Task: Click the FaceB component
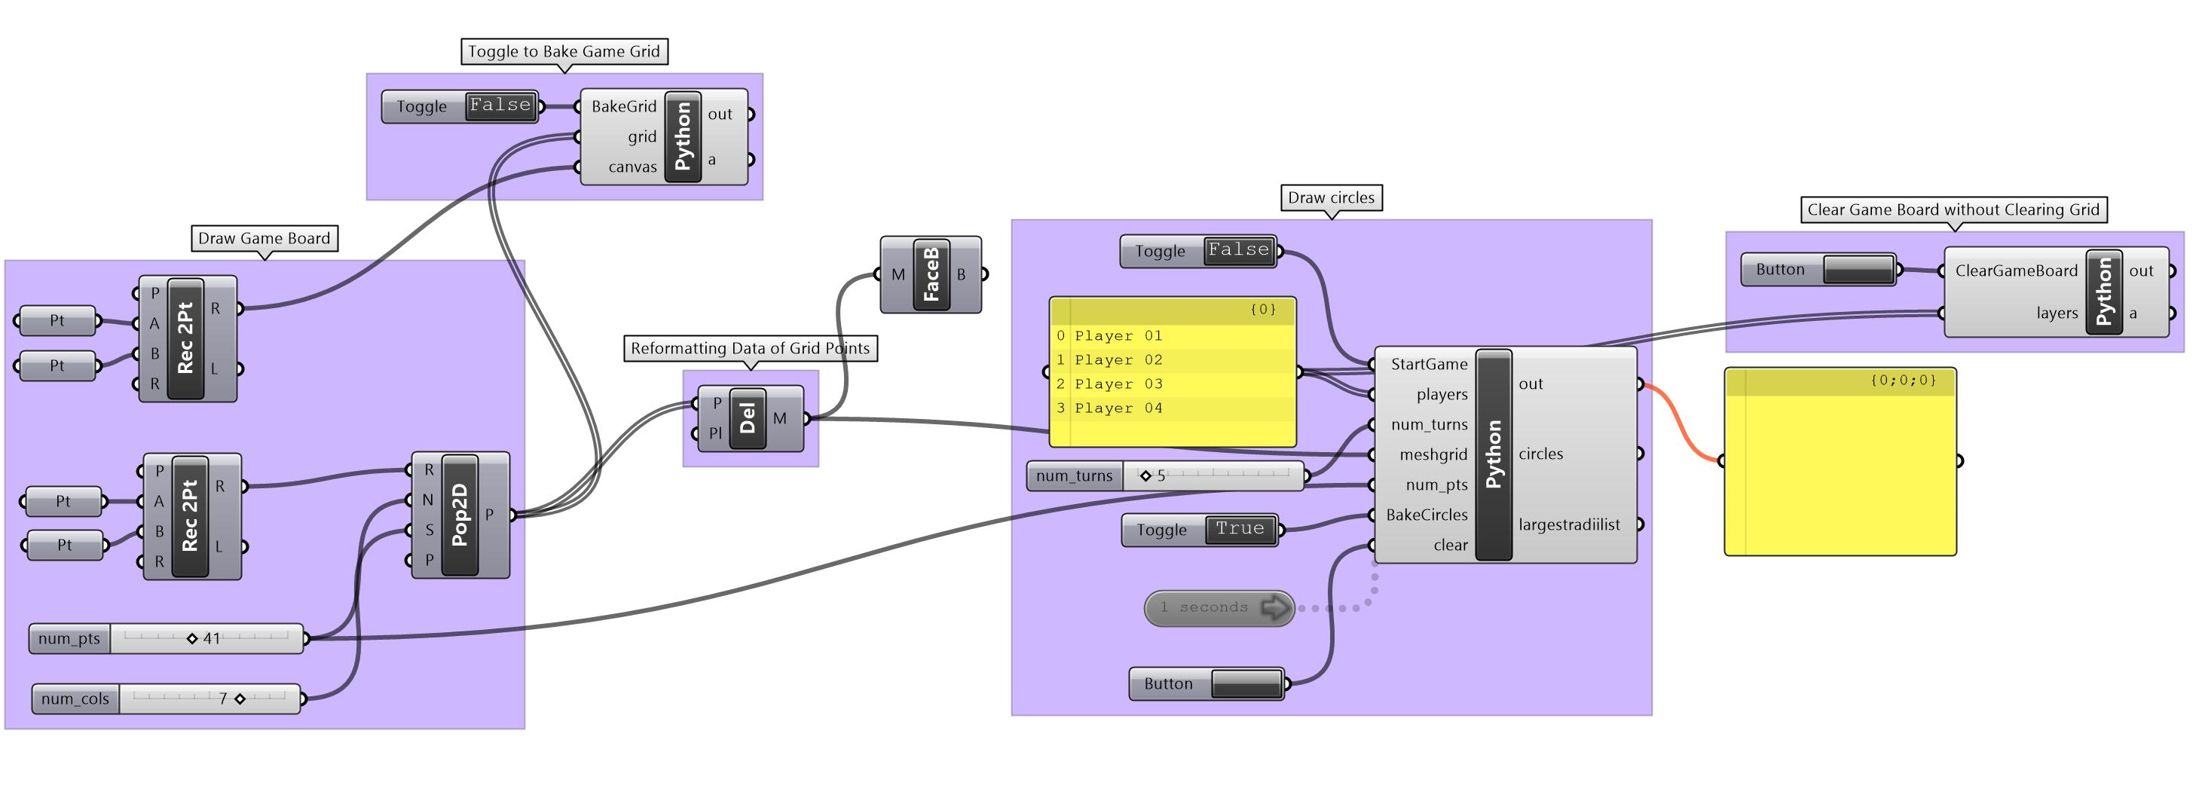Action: pyautogui.click(x=931, y=274)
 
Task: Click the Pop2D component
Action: pyautogui.click(x=460, y=515)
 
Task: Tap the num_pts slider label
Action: pyautogui.click(x=69, y=638)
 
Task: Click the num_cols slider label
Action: pyautogui.click(x=75, y=699)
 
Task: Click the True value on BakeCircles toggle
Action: pyautogui.click(x=1240, y=529)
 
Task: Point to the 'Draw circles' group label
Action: pyautogui.click(x=1331, y=197)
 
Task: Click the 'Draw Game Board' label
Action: pyautogui.click(x=265, y=238)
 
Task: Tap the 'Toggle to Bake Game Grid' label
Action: pyautogui.click(x=564, y=51)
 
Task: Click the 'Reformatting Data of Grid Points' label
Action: pyautogui.click(x=750, y=347)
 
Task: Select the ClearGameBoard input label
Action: pyautogui.click(x=2016, y=271)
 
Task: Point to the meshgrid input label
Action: pyautogui.click(x=1433, y=454)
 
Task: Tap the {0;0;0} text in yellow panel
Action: pyautogui.click(x=1903, y=381)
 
